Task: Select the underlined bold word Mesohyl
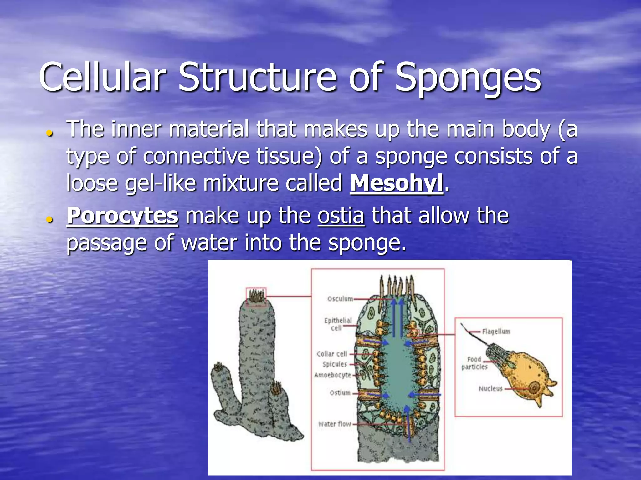[396, 183]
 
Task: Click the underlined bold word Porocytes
[122, 216]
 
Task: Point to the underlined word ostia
[341, 216]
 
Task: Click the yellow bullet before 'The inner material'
[49, 133]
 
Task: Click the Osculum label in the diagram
[340, 299]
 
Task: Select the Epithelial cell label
[338, 324]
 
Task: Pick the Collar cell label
[332, 354]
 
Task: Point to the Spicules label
[335, 364]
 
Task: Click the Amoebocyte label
[332, 375]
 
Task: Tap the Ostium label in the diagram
[340, 392]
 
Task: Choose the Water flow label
[335, 424]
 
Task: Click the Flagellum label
[496, 331]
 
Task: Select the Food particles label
[474, 363]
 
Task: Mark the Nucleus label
[490, 389]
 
